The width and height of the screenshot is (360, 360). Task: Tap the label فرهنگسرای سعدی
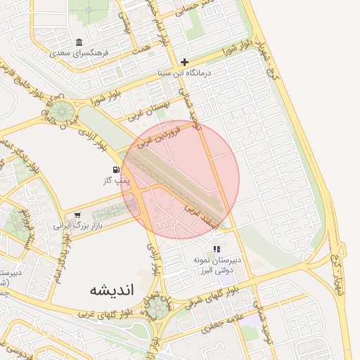tap(79, 53)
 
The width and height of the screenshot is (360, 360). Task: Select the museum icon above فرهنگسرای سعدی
tap(79, 42)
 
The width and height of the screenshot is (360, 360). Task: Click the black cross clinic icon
tap(184, 62)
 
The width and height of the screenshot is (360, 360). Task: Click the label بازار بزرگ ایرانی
tap(77, 226)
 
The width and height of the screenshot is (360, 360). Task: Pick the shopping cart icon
tap(77, 215)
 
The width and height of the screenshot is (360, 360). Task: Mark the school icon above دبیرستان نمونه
tap(217, 249)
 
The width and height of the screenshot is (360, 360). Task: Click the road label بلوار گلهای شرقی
tap(207, 300)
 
